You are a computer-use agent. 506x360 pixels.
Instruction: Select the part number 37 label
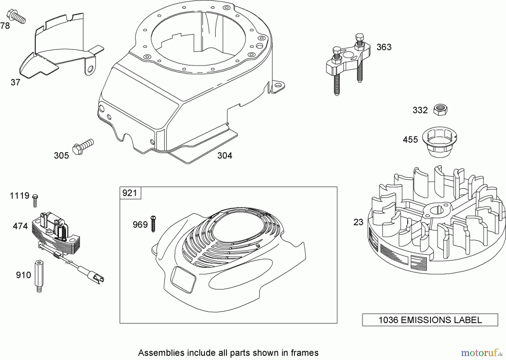15,82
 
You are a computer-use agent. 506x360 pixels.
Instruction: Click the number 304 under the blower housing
225,156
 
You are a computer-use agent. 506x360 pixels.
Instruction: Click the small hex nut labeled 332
440,109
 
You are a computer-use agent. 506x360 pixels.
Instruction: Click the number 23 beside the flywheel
358,222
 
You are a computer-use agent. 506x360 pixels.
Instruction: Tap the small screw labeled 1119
35,200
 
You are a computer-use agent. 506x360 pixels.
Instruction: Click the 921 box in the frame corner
130,193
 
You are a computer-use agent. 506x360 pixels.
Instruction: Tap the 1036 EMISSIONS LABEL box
430,320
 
